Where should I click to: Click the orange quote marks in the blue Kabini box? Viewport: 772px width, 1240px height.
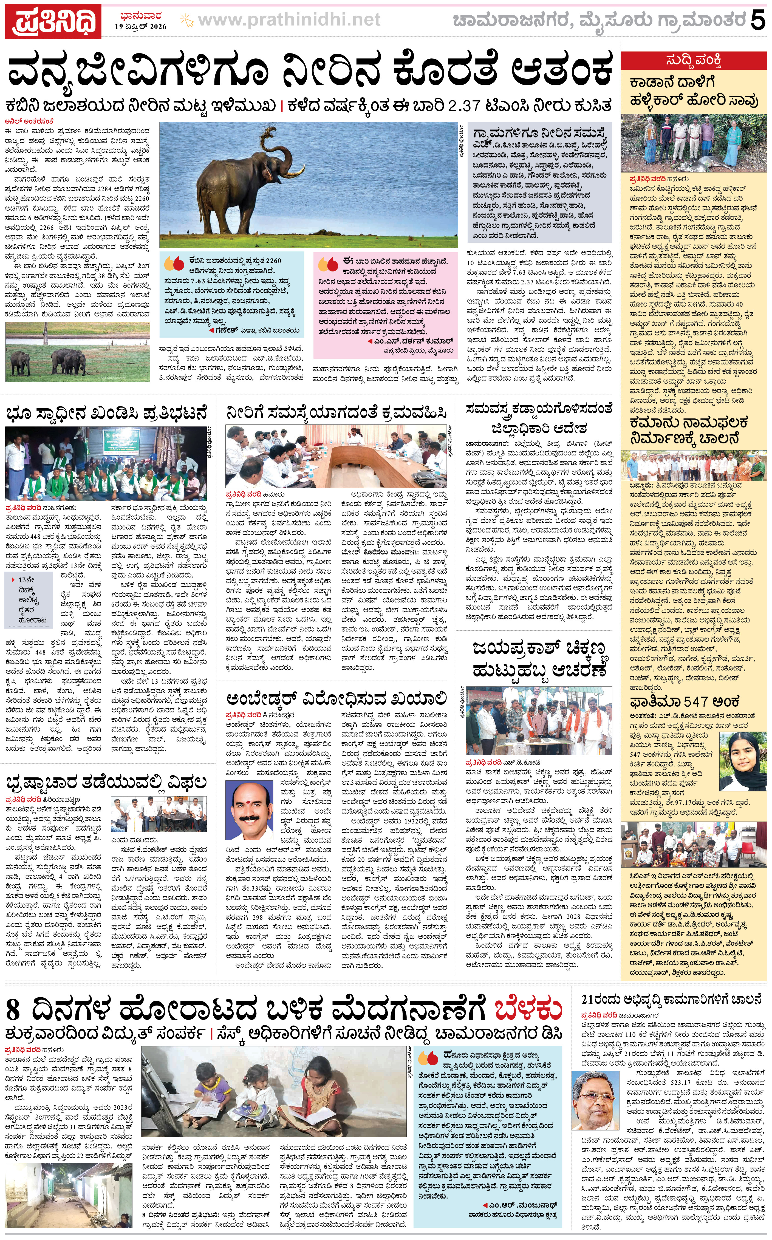coord(174,264)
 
